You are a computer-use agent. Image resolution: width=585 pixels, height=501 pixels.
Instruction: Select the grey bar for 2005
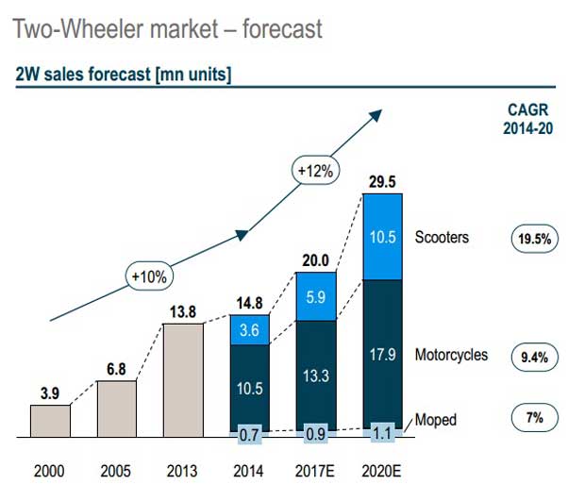click(x=116, y=409)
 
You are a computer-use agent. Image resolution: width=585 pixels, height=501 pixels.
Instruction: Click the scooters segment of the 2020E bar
click(x=382, y=237)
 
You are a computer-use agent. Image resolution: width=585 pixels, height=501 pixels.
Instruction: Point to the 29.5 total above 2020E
click(x=382, y=180)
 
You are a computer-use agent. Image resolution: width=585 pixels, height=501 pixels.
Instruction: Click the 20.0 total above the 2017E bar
click(x=316, y=259)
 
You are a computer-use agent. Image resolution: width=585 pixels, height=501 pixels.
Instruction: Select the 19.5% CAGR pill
click(x=535, y=239)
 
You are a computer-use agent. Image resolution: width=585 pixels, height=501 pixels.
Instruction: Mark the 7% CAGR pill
click(x=535, y=417)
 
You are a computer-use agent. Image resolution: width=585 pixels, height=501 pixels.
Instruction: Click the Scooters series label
click(x=441, y=237)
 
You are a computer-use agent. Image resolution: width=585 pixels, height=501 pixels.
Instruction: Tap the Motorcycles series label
click(x=451, y=355)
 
